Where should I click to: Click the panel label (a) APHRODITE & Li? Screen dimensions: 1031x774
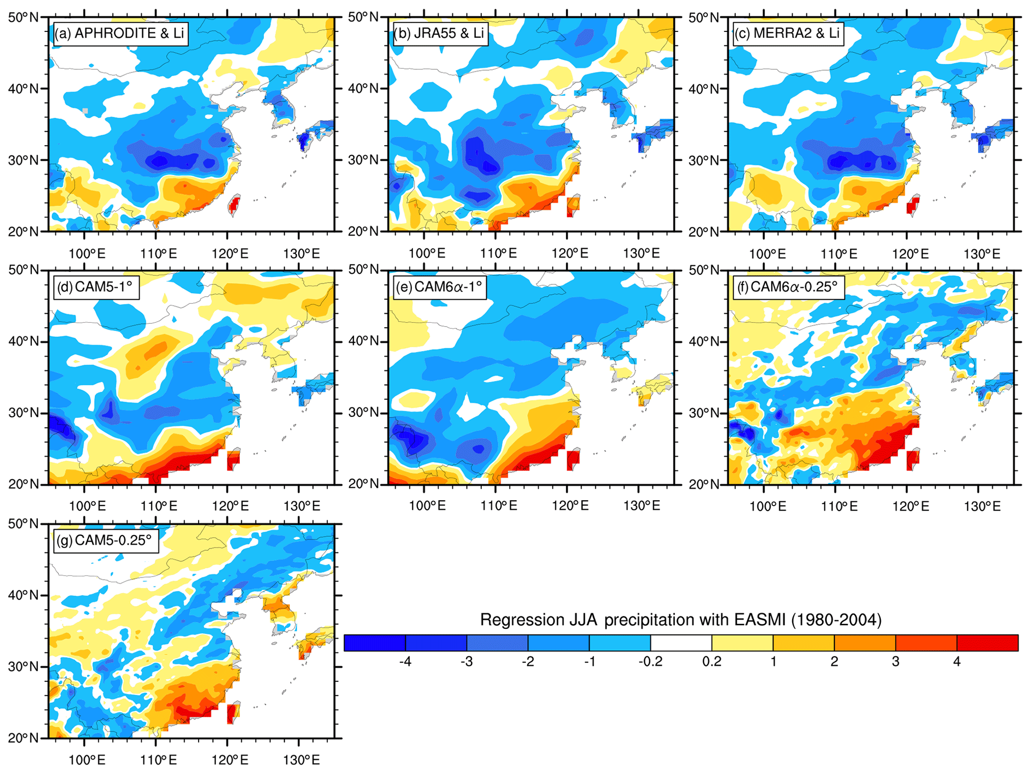point(120,33)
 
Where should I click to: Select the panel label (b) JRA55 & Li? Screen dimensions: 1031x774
point(439,33)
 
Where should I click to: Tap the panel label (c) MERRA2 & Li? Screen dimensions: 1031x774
point(788,33)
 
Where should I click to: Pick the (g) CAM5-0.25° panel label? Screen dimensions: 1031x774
point(105,541)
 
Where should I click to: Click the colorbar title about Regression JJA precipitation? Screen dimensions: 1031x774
point(681,619)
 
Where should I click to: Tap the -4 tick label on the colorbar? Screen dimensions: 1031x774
point(405,662)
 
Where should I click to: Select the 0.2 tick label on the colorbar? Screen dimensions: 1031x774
point(711,662)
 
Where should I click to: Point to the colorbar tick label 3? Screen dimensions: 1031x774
point(895,662)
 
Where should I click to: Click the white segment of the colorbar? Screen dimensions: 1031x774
point(681,643)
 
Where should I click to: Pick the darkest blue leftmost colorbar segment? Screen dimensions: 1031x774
point(375,643)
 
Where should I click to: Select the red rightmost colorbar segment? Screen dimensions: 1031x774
point(987,643)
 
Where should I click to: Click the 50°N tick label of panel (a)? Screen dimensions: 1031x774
point(23,17)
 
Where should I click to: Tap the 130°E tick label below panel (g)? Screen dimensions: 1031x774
point(302,760)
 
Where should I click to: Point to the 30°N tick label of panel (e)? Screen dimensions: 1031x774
point(364,412)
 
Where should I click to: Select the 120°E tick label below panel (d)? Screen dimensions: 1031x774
point(230,507)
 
